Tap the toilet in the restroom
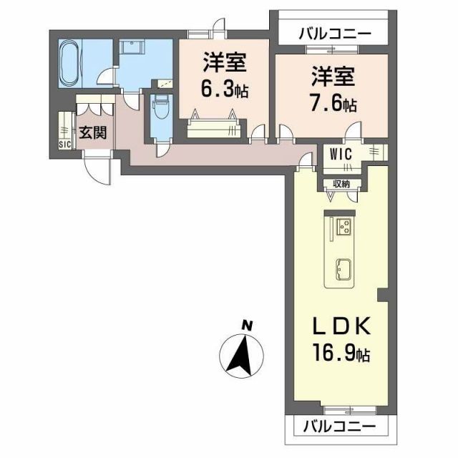(x=159, y=109)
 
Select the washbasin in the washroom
(x=132, y=48)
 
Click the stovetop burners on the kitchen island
(x=342, y=227)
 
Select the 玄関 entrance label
(x=92, y=132)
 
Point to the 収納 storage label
(x=341, y=184)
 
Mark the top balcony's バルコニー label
(x=335, y=33)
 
